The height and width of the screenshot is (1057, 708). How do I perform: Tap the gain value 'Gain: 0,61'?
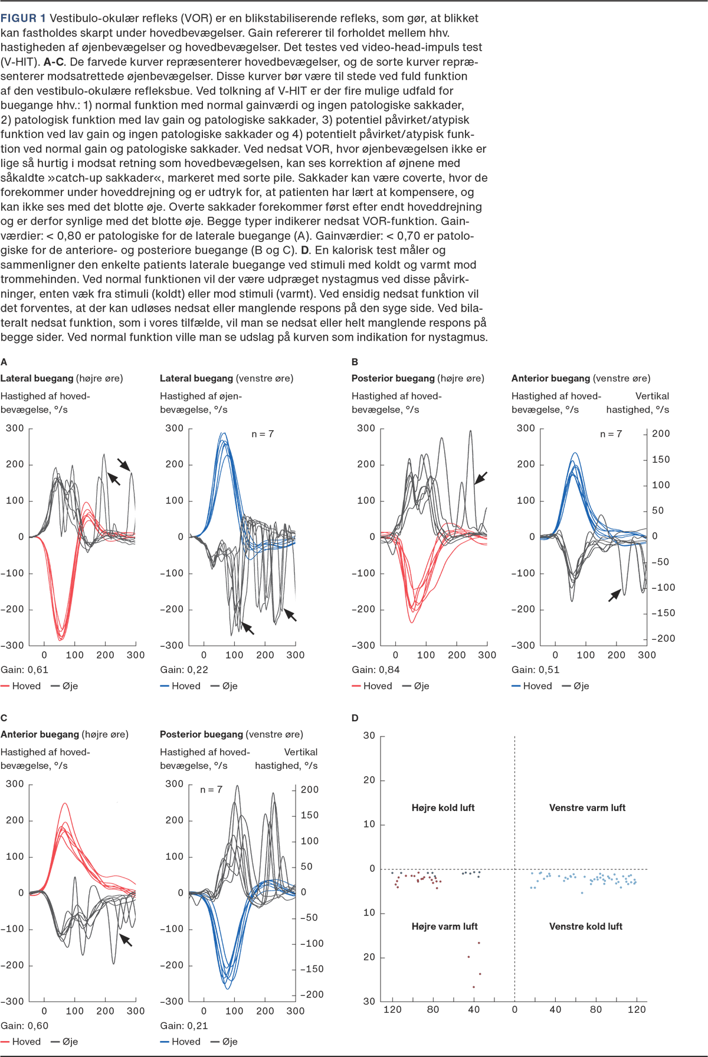coord(25,669)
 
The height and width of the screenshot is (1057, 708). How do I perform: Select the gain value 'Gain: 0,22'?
coord(184,669)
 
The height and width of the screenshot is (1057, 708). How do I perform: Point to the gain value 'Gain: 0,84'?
coord(376,669)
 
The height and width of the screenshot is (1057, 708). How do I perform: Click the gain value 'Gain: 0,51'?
coord(535,669)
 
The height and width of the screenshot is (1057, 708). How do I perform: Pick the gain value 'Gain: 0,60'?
coord(25,1025)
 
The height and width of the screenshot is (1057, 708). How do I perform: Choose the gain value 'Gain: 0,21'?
coord(184,1025)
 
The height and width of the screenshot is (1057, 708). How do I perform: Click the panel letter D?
coord(355,718)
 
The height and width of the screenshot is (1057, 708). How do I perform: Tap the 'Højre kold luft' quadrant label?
coord(443,807)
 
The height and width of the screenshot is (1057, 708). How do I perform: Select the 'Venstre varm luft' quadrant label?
coord(587,807)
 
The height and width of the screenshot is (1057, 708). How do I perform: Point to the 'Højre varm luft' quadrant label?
coord(444,926)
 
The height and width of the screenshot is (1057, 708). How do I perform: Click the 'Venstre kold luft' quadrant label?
coord(586,926)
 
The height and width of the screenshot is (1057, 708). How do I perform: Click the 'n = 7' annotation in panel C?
coord(211,789)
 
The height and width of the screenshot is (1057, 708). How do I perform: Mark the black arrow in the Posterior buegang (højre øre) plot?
coord(481,477)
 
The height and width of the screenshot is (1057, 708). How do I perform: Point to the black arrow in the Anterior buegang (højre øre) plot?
coord(126,939)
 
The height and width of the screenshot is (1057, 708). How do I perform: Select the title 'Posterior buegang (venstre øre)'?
coord(231,734)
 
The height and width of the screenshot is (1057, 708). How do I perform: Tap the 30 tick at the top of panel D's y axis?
coord(369,735)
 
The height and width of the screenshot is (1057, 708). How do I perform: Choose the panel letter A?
coord(4,362)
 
